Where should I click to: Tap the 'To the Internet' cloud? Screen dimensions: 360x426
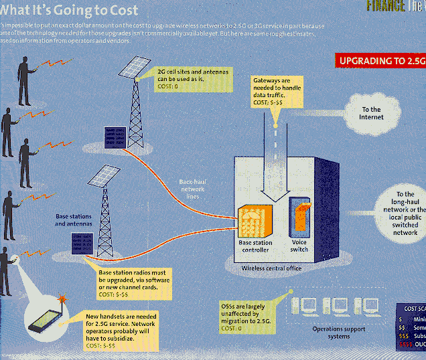(371, 113)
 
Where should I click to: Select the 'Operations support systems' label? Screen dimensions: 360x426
(340, 332)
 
